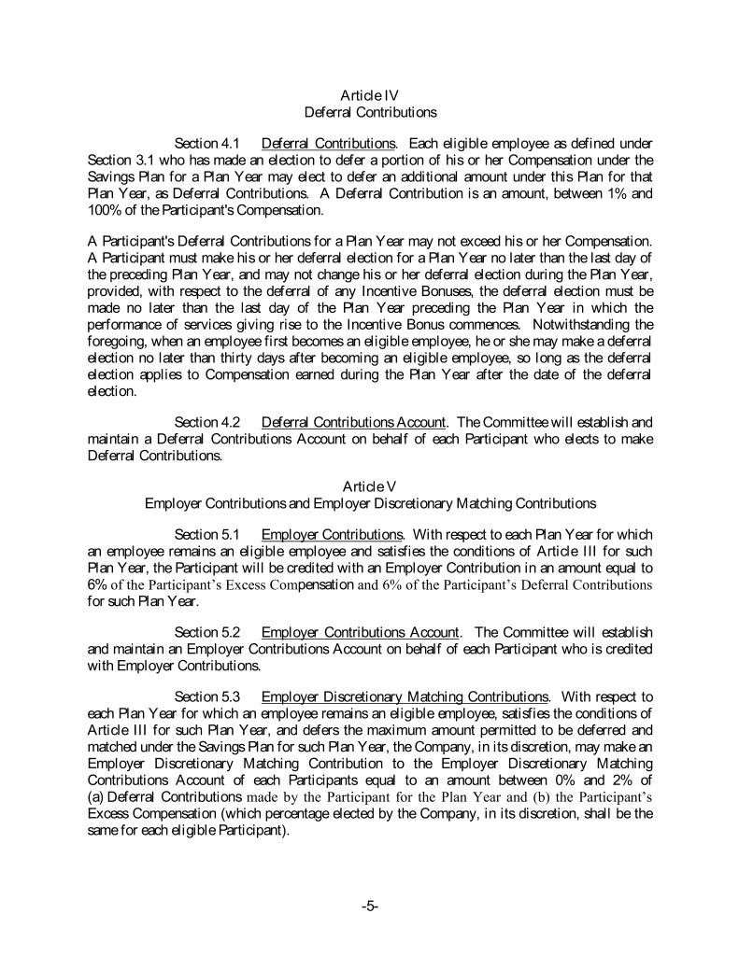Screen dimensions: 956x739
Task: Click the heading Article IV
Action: click(x=370, y=95)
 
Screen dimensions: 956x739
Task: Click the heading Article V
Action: click(x=370, y=486)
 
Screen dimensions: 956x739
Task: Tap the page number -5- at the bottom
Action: click(x=369, y=907)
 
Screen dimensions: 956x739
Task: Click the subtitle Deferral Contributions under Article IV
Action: click(x=370, y=112)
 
